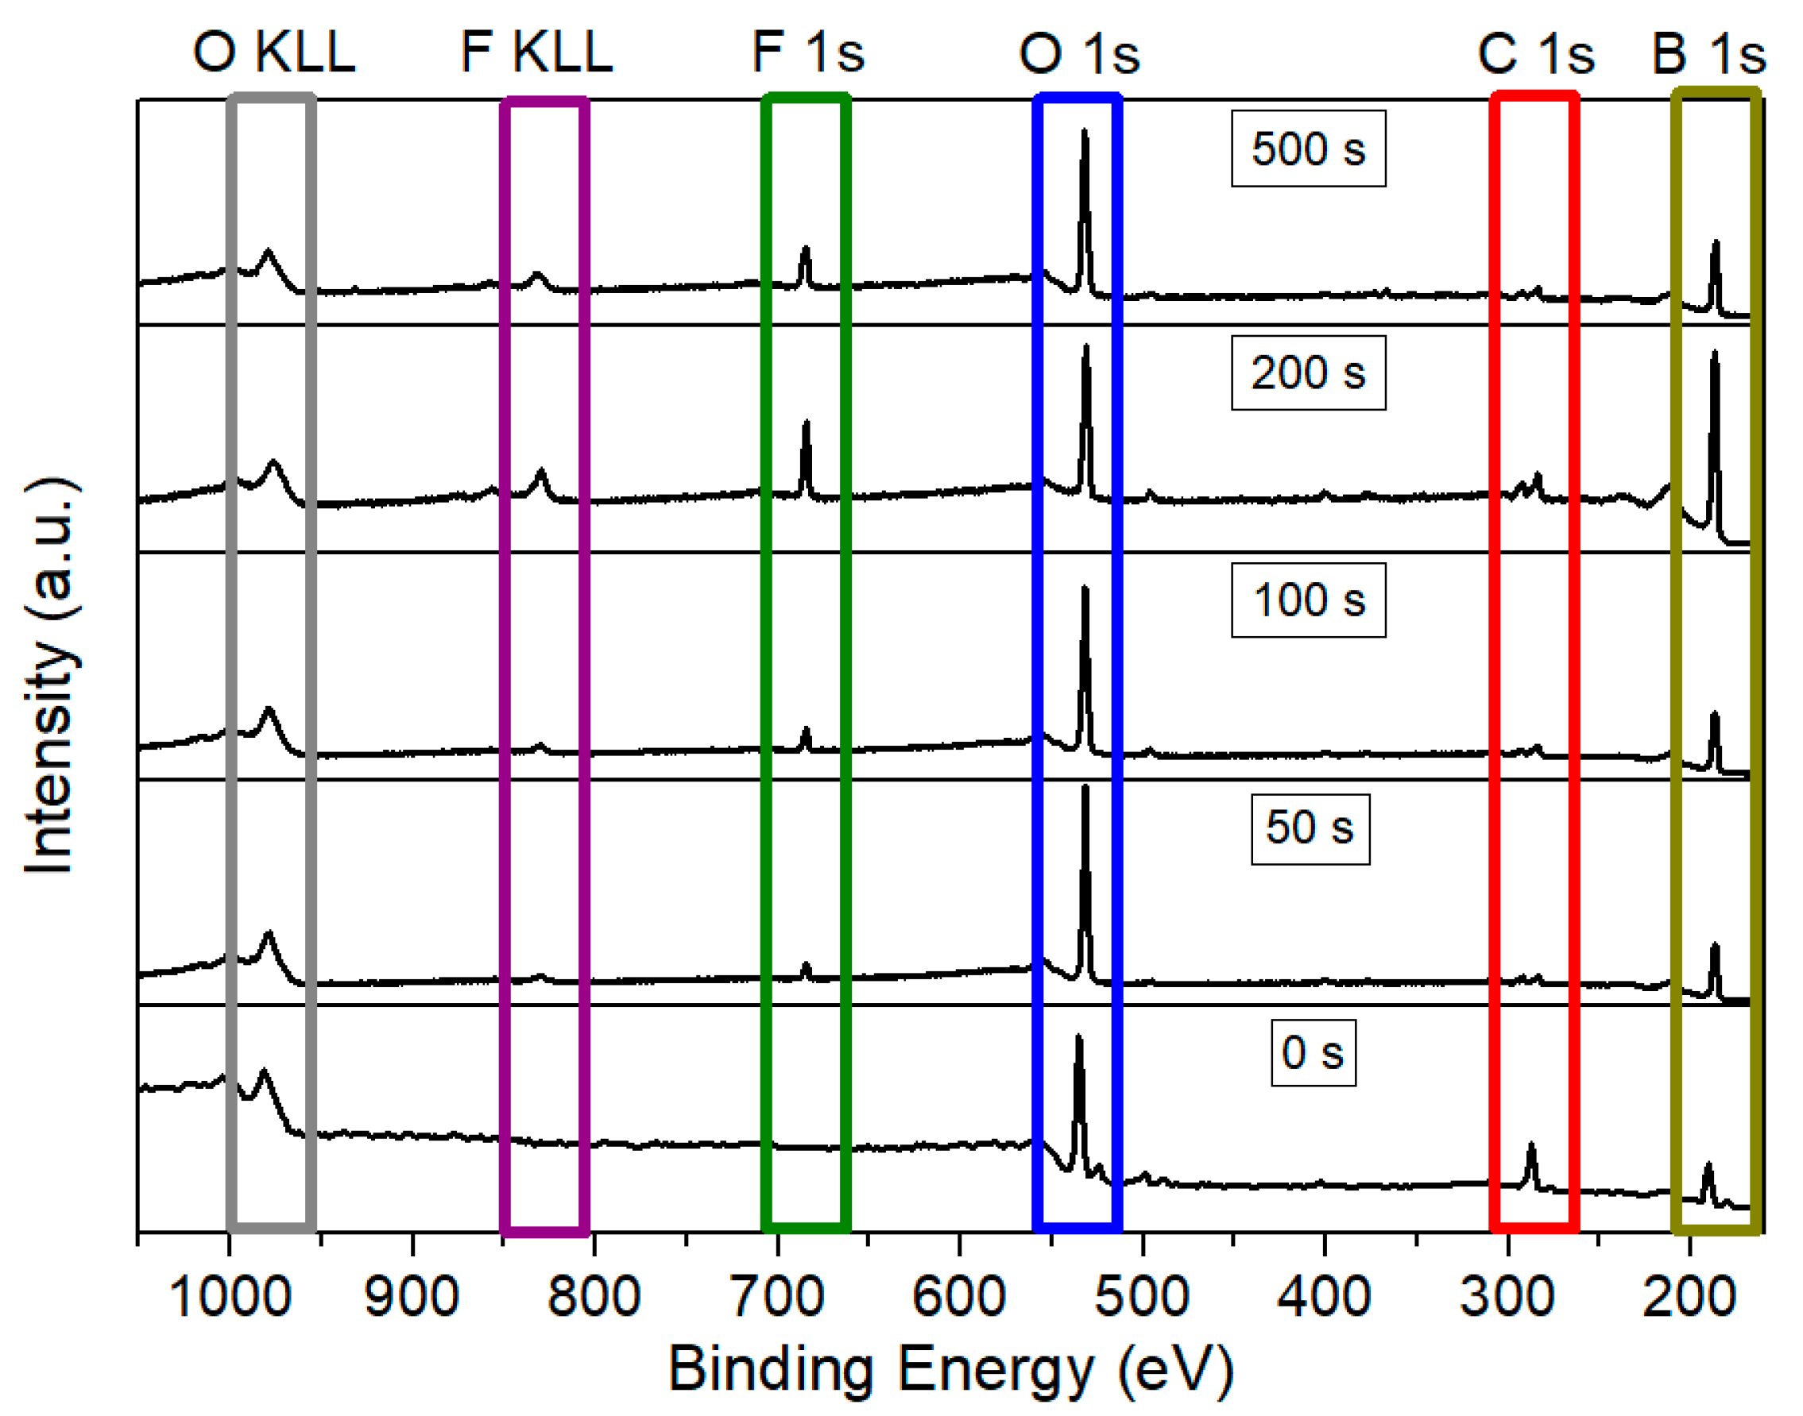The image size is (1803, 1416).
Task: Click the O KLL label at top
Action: pyautogui.click(x=273, y=52)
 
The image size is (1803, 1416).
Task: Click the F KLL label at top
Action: pyautogui.click(x=536, y=52)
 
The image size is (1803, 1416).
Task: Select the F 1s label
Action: pyautogui.click(x=808, y=52)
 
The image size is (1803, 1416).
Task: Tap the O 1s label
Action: pyautogui.click(x=1079, y=54)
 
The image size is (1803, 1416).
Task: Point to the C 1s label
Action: pyautogui.click(x=1536, y=54)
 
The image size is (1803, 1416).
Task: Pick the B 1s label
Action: pyautogui.click(x=1709, y=54)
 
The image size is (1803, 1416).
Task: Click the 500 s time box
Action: pyautogui.click(x=1308, y=149)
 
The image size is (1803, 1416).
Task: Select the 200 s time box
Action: pyautogui.click(x=1308, y=373)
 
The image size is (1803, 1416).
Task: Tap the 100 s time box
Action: pyautogui.click(x=1308, y=600)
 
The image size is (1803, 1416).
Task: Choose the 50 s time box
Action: pyautogui.click(x=1310, y=828)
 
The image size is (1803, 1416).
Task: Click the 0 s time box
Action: pyautogui.click(x=1313, y=1053)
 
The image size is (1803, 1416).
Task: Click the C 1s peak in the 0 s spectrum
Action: pyautogui.click(x=1531, y=1148)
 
